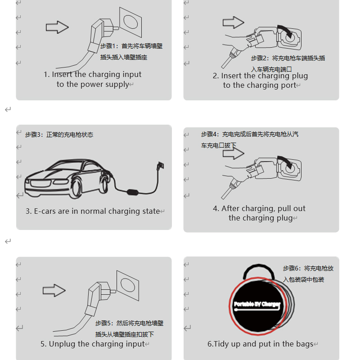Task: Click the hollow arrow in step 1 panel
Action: click(57, 27)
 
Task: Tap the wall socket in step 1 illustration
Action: click(130, 22)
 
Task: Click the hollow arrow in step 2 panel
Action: click(233, 22)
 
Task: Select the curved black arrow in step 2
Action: click(285, 31)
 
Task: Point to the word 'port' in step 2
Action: click(288, 85)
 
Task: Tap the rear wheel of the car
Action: click(104, 183)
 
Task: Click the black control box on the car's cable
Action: click(133, 192)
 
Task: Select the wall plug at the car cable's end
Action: click(160, 166)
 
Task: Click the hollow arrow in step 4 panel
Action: click(233, 153)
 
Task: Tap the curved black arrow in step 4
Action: click(285, 162)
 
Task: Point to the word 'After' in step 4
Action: click(230, 208)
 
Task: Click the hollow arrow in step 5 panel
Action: click(54, 290)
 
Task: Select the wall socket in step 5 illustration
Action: click(128, 285)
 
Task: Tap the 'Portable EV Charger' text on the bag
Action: click(257, 305)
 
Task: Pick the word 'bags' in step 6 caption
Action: click(305, 344)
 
